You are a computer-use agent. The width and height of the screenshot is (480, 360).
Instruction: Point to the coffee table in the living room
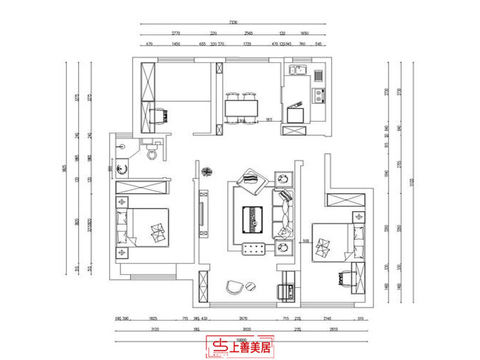(x=254, y=219)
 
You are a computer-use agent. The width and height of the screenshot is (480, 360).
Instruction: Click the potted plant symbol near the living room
(x=207, y=172)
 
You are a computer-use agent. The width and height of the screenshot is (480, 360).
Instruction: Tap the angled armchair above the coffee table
(x=252, y=181)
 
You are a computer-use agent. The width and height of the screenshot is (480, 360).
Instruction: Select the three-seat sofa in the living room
(x=284, y=214)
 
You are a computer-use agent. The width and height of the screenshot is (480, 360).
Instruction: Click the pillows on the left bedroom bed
(x=159, y=230)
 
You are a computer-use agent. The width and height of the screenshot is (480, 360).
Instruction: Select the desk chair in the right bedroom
(x=344, y=277)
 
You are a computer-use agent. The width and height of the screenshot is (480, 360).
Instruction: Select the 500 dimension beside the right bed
(x=306, y=241)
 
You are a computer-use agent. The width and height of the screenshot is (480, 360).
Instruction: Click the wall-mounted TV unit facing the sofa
(x=203, y=214)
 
